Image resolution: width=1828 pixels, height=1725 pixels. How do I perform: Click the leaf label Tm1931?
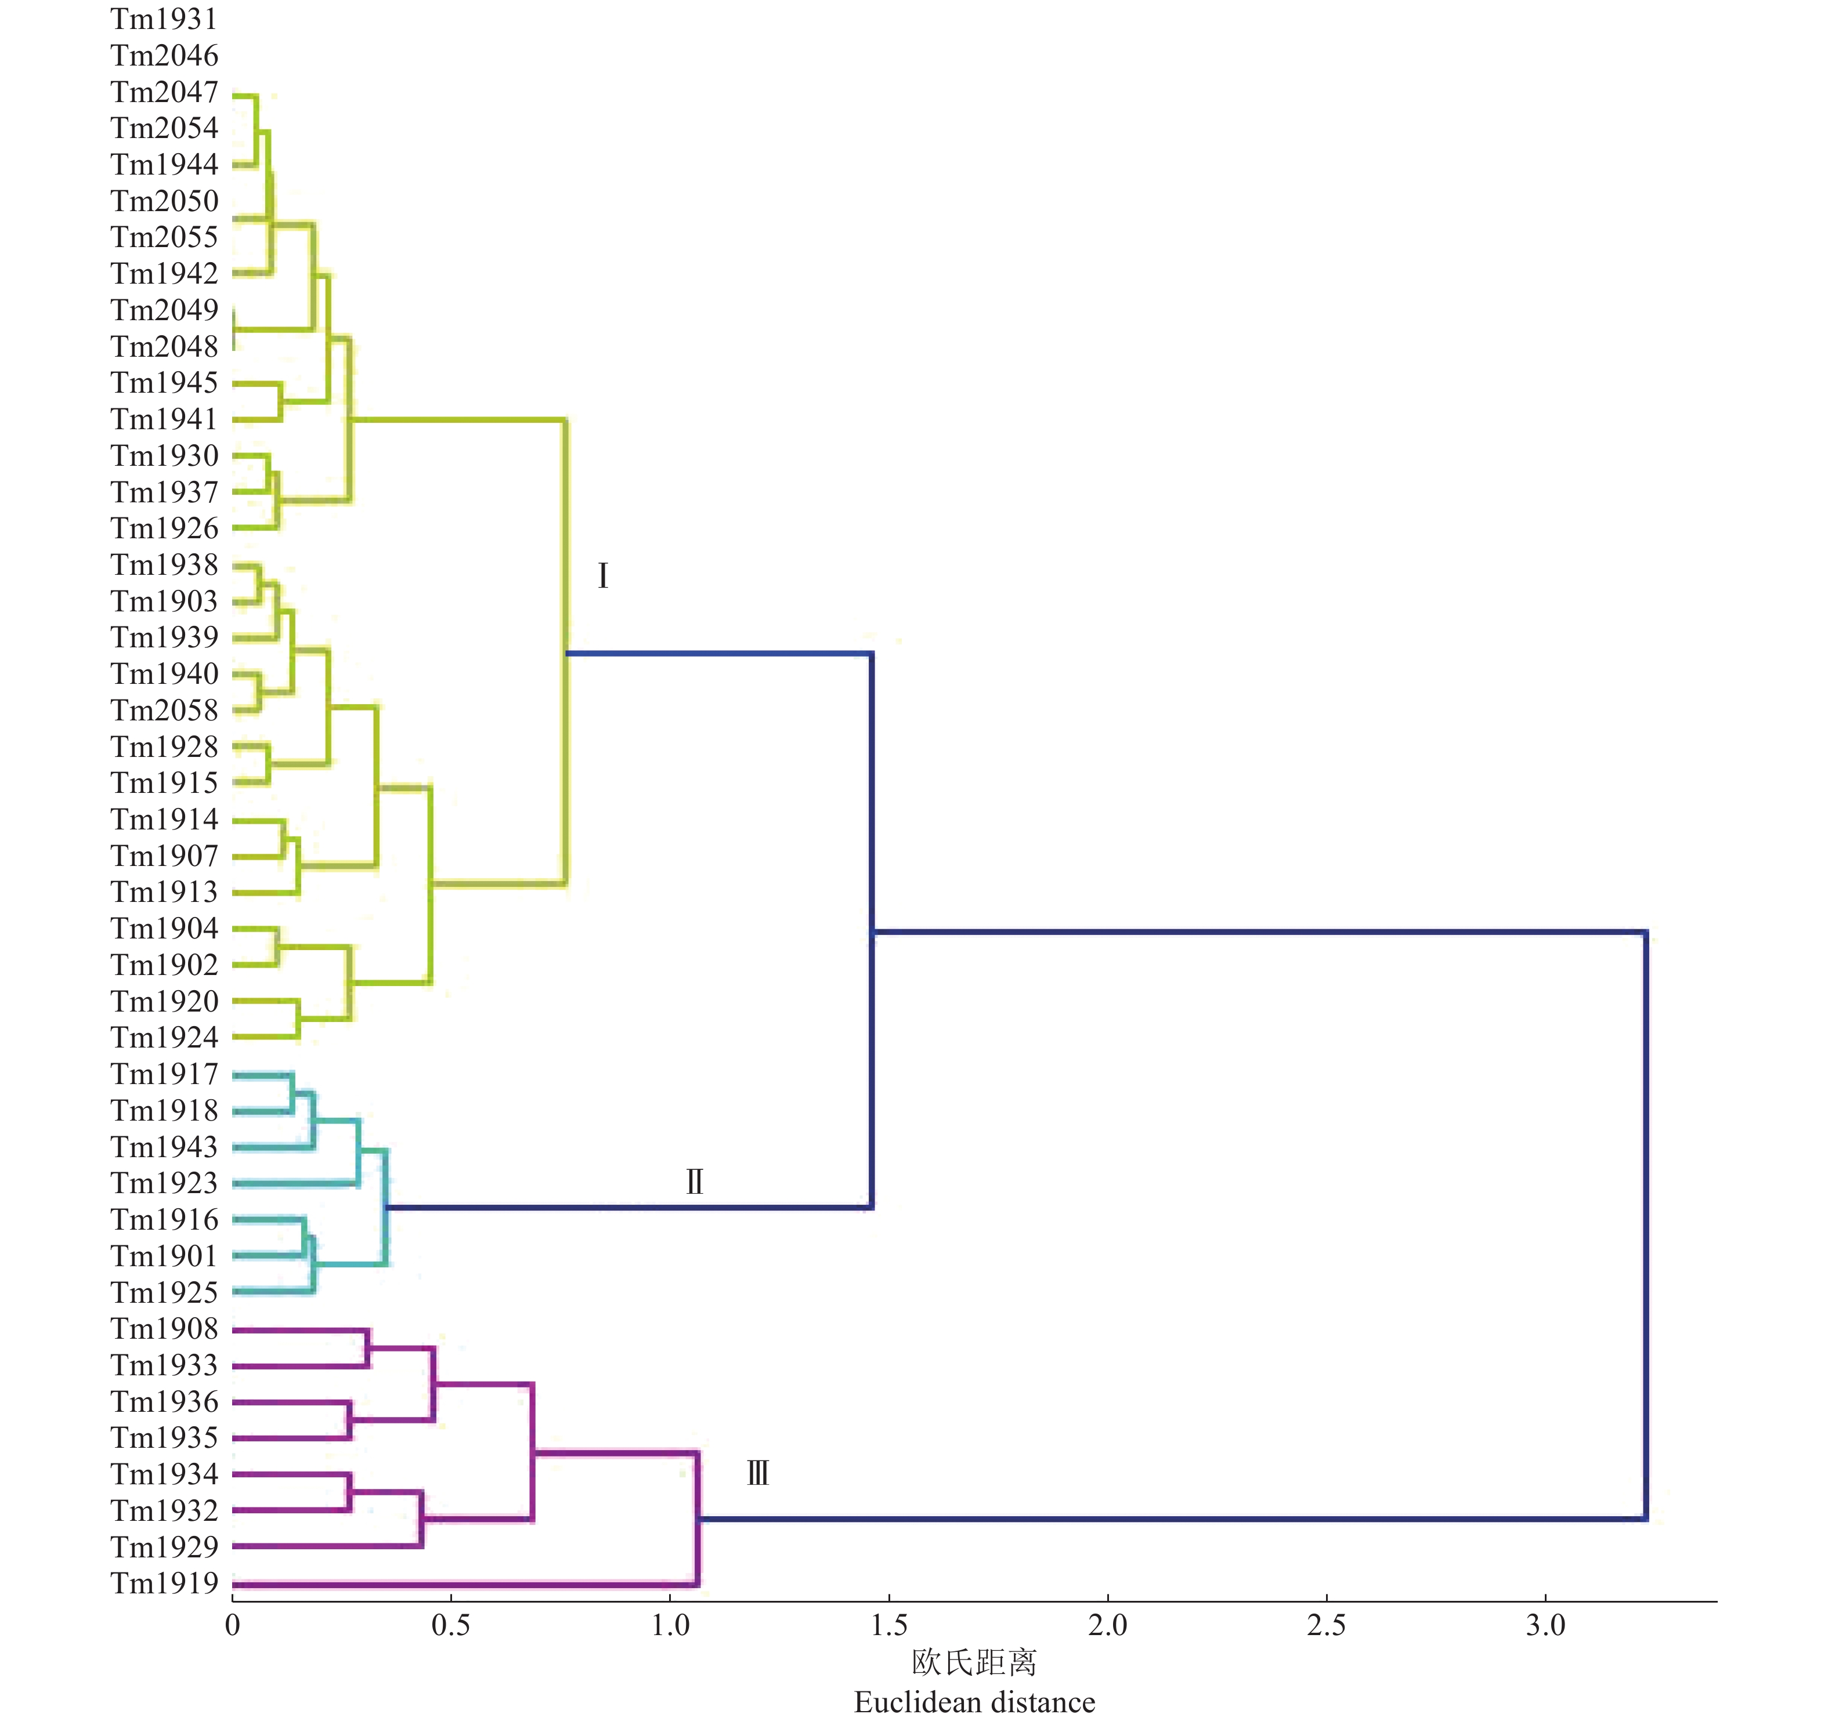click(165, 19)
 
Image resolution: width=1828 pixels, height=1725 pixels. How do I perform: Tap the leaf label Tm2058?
click(165, 710)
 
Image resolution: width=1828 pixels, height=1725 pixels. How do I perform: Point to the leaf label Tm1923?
click(165, 1183)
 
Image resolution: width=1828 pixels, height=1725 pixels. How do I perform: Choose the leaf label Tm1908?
click(165, 1329)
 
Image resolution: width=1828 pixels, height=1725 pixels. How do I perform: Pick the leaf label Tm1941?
click(165, 419)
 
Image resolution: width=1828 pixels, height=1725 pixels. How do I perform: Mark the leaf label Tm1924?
click(165, 1037)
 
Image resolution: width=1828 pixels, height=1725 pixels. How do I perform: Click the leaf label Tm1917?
click(165, 1074)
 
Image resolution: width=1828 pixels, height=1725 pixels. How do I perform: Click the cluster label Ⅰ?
click(602, 575)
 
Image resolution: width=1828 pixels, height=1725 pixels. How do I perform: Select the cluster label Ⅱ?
click(695, 1182)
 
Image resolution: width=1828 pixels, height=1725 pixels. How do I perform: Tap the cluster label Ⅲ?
click(757, 1474)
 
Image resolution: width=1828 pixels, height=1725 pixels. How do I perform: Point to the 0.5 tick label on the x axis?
click(451, 1626)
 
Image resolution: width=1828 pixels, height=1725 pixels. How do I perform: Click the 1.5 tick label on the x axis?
click(888, 1626)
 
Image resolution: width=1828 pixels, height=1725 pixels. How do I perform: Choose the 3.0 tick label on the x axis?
click(1545, 1626)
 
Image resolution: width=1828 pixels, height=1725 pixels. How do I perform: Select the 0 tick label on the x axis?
click(233, 1626)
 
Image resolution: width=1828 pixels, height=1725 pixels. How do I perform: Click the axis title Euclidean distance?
click(974, 1702)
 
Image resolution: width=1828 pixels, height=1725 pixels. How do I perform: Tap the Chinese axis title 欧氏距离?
click(974, 1662)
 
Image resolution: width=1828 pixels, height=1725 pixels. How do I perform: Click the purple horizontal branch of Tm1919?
click(460, 1584)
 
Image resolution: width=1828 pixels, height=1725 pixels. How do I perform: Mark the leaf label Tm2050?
click(165, 201)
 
